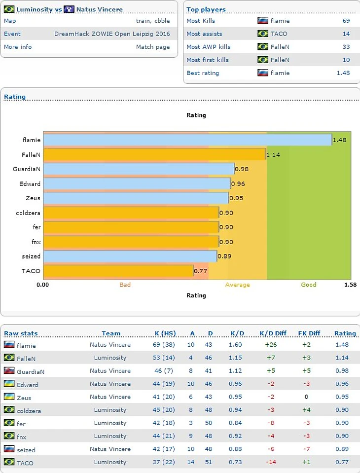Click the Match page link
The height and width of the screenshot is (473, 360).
point(153,47)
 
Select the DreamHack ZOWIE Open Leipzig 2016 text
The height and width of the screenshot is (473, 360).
point(112,34)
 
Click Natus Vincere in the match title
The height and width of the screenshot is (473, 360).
point(99,9)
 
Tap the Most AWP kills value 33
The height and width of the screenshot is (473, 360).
point(346,47)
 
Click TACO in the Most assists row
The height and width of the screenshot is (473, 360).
point(279,34)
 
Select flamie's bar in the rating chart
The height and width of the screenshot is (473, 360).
point(187,140)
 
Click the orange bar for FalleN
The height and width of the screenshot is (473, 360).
point(155,154)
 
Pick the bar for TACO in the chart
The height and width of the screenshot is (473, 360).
point(118,271)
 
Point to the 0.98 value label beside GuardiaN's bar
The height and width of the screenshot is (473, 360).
point(241,169)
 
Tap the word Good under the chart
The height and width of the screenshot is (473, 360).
point(308,285)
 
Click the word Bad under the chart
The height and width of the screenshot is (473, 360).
point(125,285)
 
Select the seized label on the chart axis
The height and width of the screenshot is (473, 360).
point(31,256)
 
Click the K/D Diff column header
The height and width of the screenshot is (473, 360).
point(273,333)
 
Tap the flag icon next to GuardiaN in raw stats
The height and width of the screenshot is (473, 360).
point(9,371)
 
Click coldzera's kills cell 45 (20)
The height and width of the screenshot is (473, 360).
point(164,410)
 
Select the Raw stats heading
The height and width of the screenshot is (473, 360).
point(21,333)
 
